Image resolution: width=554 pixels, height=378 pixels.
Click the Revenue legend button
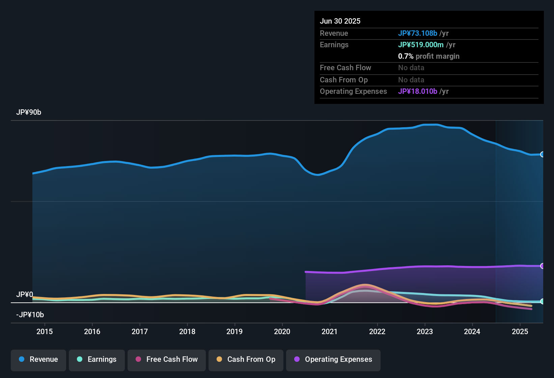38,359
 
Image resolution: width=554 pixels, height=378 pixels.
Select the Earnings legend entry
97,359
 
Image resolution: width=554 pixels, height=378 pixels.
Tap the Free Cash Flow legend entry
167,359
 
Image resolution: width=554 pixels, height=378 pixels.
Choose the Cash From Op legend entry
246,359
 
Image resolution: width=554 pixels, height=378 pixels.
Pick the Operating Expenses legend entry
333,359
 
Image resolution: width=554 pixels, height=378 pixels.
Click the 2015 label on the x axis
45,332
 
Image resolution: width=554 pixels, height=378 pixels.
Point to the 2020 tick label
282,332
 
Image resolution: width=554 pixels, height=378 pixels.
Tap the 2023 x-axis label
425,332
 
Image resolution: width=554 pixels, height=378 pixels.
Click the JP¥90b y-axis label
29,112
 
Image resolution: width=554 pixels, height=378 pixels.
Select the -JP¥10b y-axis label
30,315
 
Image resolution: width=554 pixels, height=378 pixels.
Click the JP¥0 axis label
25,295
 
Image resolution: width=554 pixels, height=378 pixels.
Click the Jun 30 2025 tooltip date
340,21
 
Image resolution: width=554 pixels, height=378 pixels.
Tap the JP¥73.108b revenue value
418,33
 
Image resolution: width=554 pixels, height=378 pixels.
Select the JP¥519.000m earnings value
421,45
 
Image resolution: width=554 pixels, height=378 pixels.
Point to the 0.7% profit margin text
428,56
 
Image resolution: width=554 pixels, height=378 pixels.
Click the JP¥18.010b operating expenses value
418,91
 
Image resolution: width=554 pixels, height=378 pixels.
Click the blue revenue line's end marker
542,155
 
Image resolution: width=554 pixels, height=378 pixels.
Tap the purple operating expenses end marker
542,266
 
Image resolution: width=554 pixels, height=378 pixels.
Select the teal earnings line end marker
542,301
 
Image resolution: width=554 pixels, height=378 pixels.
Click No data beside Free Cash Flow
411,68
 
